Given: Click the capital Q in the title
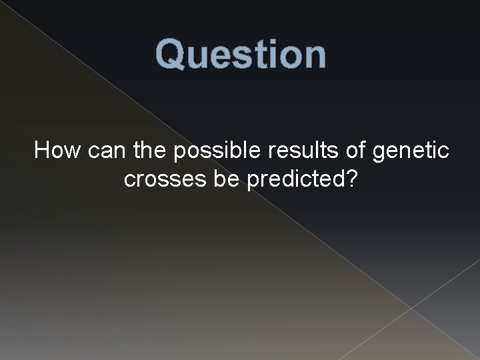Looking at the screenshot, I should [171, 55].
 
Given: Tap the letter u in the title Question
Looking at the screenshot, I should [198, 58].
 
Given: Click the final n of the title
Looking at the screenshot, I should [313, 58].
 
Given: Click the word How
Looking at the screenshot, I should [57, 151].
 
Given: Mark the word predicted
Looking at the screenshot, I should [294, 180].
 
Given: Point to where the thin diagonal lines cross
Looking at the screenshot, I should [411, 307].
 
